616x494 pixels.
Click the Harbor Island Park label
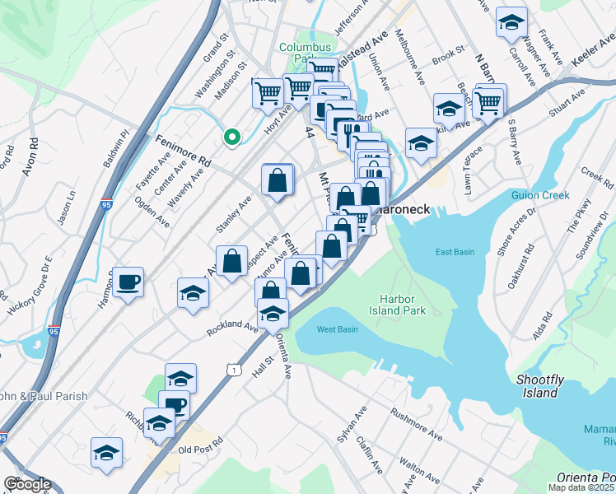(402, 305)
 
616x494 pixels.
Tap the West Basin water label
(337, 329)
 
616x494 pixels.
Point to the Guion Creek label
(563, 195)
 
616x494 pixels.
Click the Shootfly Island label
(539, 385)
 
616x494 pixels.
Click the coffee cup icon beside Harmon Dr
(128, 282)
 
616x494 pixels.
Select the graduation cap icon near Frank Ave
(511, 23)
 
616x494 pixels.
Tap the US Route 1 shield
(236, 372)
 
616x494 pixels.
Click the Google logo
(28, 484)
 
